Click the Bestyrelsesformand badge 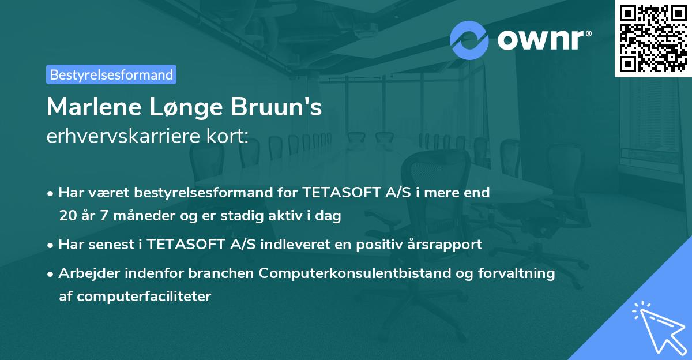(111, 74)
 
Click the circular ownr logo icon (469, 40)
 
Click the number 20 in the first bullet (67, 216)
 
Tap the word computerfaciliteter (135, 297)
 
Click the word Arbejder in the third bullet (84, 273)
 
